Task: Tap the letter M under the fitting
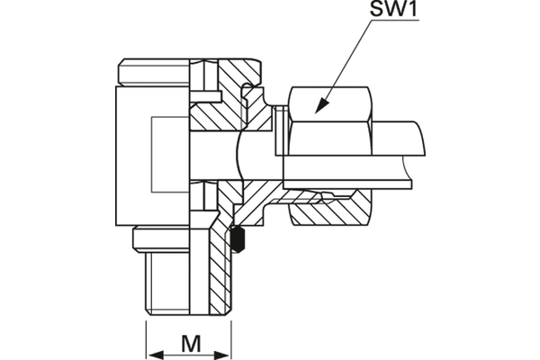(x=189, y=343)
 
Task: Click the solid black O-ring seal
(x=238, y=240)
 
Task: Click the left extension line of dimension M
(x=146, y=337)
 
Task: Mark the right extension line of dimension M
(x=232, y=337)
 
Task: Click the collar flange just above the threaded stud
(x=171, y=238)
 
